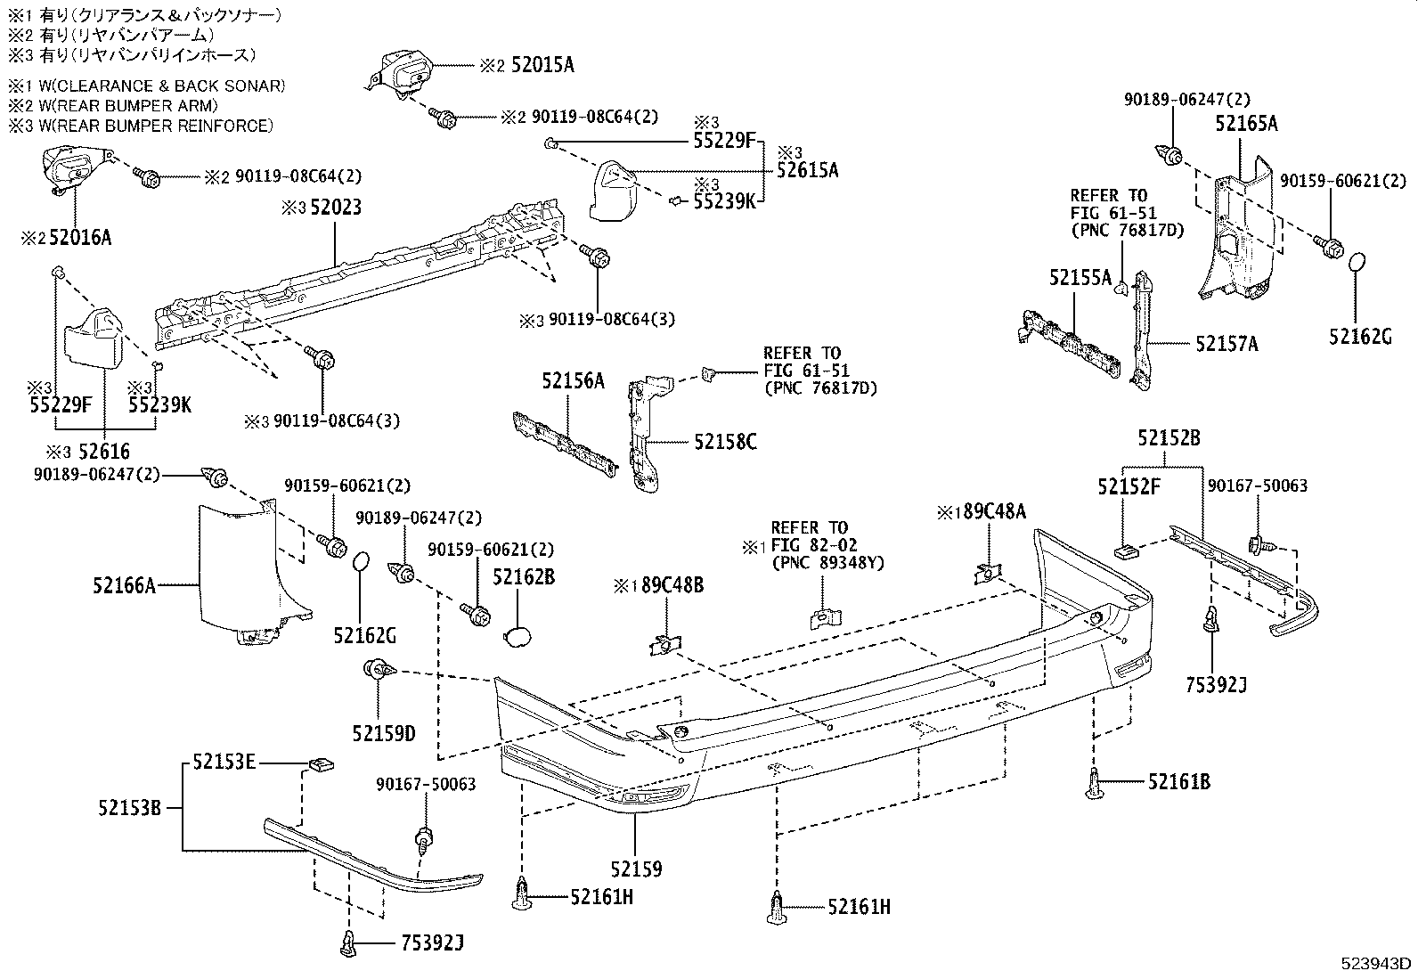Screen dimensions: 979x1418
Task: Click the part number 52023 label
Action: click(334, 208)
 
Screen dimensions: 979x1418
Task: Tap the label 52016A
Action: click(80, 237)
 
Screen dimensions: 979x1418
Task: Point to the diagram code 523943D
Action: click(1376, 963)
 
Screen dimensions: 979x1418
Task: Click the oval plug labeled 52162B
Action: click(517, 635)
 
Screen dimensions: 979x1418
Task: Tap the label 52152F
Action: click(1129, 486)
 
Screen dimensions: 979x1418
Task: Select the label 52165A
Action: click(1245, 124)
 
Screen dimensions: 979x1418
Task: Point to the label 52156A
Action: click(573, 381)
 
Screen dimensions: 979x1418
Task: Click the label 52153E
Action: click(224, 762)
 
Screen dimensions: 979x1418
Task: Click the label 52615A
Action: click(807, 170)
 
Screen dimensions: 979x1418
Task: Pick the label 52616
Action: click(103, 453)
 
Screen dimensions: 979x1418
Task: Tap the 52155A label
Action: click(1080, 278)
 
